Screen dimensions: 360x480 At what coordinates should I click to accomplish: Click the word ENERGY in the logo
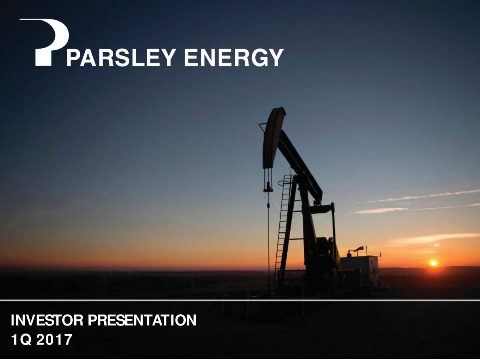[x=233, y=58]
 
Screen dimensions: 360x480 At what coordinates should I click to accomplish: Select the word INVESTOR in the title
[x=48, y=321]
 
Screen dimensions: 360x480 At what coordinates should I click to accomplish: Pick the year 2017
[x=56, y=340]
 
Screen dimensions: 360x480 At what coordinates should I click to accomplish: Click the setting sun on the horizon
[x=433, y=263]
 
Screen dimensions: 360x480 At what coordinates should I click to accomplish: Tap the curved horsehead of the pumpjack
[x=273, y=137]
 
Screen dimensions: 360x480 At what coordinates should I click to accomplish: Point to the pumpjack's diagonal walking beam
[x=300, y=165]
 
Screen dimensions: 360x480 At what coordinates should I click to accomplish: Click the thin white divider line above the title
[x=240, y=300]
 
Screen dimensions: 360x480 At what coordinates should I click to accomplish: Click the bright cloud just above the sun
[x=431, y=238]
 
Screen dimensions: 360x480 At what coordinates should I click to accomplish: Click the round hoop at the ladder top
[x=285, y=183]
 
